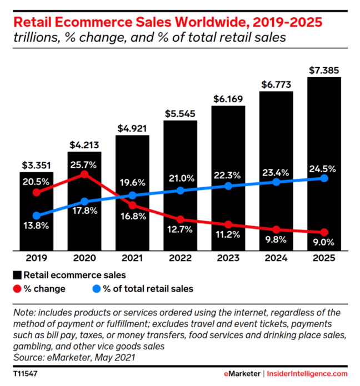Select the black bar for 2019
click(x=37, y=222)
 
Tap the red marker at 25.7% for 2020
click(x=84, y=174)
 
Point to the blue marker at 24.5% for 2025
click(x=324, y=178)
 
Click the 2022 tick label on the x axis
click(x=181, y=258)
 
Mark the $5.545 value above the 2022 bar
click(x=181, y=113)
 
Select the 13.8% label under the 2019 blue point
click(x=37, y=225)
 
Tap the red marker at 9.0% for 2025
click(x=324, y=232)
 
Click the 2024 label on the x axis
click(x=276, y=258)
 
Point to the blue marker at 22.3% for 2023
click(x=228, y=186)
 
